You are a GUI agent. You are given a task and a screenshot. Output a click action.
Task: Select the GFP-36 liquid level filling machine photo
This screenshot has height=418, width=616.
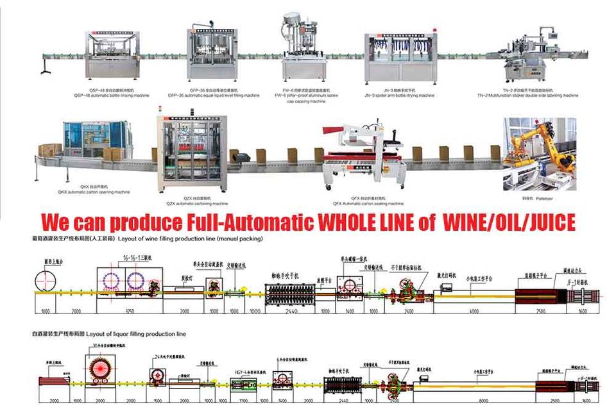(212, 55)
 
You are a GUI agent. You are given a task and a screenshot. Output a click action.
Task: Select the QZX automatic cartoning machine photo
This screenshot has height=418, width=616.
(192, 153)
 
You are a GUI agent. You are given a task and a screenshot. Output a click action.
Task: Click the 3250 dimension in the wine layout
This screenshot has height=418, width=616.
(128, 311)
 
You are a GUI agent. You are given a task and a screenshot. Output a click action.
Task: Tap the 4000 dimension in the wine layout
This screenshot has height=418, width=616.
(474, 311)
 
